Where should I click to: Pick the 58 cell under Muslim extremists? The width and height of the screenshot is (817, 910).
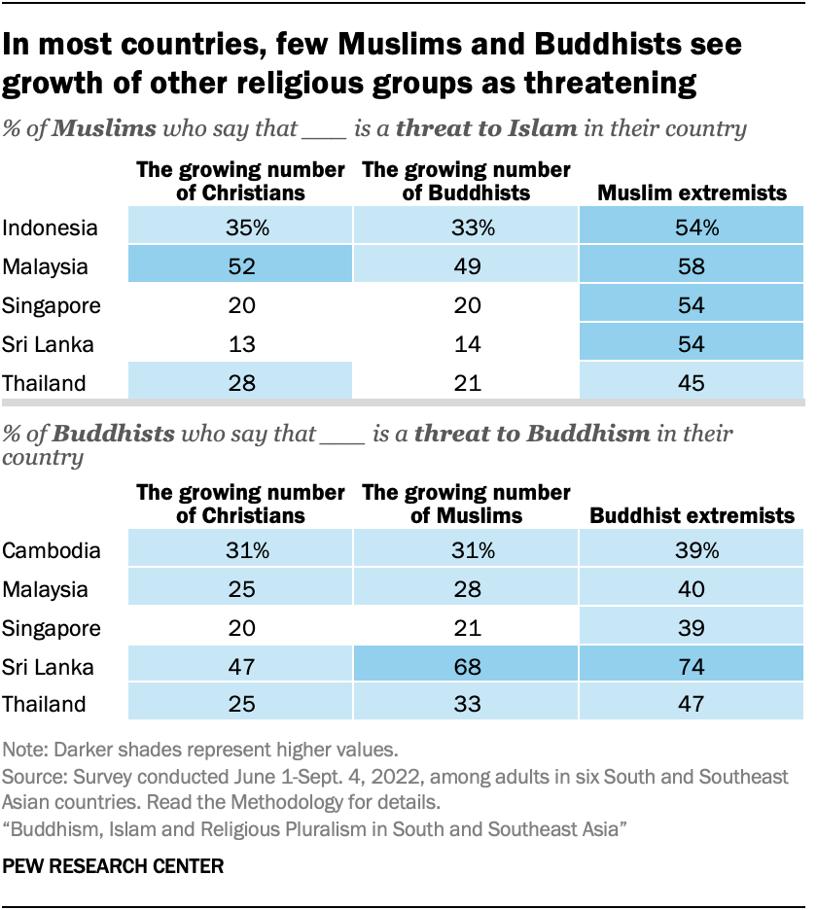pos(693,267)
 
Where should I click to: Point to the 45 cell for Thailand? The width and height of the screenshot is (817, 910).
pos(693,382)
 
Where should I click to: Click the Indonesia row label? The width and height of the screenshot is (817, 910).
pos(50,229)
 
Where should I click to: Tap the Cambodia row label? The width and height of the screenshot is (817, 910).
pos(52,550)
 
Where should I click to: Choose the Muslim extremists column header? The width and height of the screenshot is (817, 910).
pos(692,192)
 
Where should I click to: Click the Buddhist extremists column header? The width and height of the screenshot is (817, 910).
pos(692,514)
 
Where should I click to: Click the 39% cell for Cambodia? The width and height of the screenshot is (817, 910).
pos(693,550)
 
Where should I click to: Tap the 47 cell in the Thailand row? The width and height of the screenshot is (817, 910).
pos(693,703)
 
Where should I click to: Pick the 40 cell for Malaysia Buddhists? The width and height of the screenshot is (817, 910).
pos(693,588)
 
